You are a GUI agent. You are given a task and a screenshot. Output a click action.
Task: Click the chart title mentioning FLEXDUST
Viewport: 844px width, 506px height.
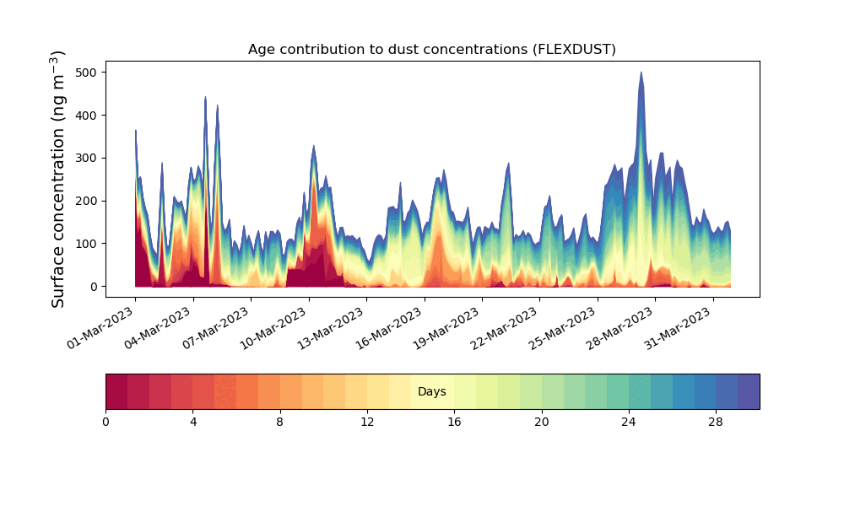(431, 49)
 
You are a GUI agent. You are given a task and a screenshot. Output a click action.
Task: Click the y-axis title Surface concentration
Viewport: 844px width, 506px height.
(58, 179)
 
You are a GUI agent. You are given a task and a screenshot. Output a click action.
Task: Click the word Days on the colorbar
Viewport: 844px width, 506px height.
(431, 392)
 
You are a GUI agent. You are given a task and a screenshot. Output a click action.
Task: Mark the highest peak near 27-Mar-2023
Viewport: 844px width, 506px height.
(641, 73)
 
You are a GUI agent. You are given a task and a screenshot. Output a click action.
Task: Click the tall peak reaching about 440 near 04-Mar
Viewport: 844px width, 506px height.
(205, 98)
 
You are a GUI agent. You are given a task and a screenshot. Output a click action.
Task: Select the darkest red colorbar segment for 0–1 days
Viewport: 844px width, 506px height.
(116, 391)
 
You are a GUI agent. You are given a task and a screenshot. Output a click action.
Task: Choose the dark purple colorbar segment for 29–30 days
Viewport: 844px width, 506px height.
(749, 391)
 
